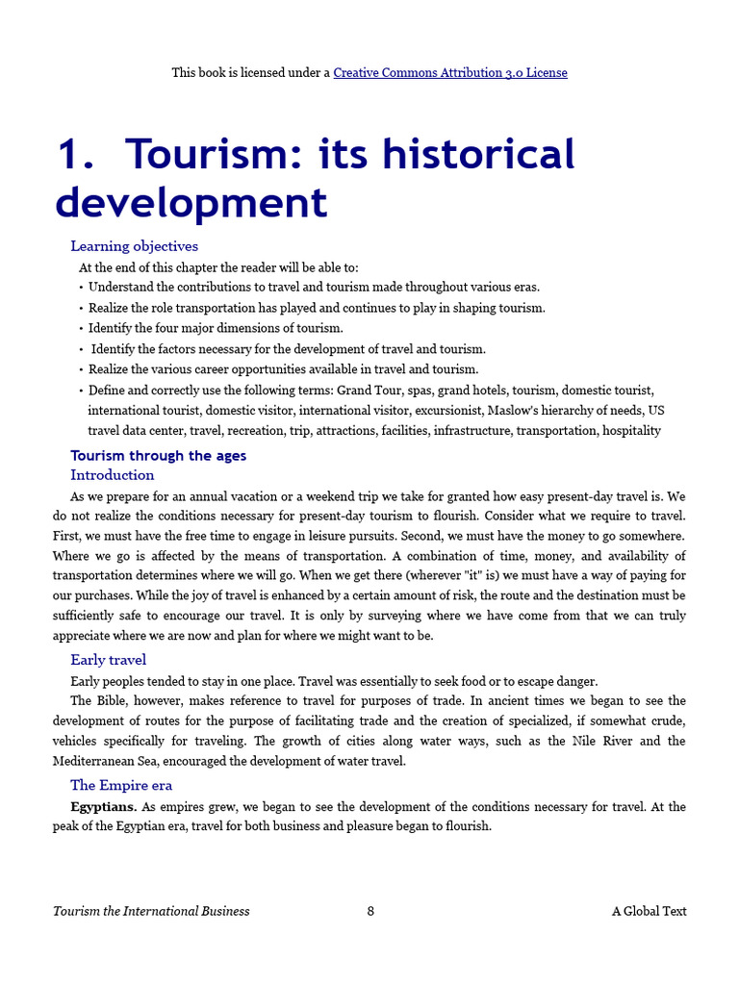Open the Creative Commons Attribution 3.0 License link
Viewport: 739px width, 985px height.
pos(449,72)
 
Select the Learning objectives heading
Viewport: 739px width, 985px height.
pos(134,246)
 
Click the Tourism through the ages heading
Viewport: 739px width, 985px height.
pos(158,456)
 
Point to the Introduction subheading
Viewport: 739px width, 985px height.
pos(112,475)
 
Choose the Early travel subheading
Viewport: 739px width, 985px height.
pos(108,660)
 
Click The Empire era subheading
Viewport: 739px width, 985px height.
pos(121,786)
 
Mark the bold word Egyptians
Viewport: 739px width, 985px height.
pos(104,807)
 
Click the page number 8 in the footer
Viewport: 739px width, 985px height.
pos(370,911)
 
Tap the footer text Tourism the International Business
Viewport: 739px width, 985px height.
pos(151,911)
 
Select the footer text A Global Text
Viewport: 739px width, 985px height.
pos(649,911)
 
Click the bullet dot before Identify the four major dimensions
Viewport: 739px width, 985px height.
pos(81,329)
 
